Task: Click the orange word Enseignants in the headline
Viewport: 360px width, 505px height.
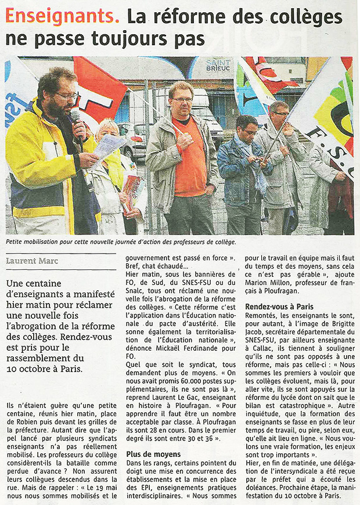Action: (62, 16)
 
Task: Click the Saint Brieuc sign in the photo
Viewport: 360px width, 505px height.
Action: (218, 65)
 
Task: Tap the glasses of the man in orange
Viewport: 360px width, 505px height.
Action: (183, 99)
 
